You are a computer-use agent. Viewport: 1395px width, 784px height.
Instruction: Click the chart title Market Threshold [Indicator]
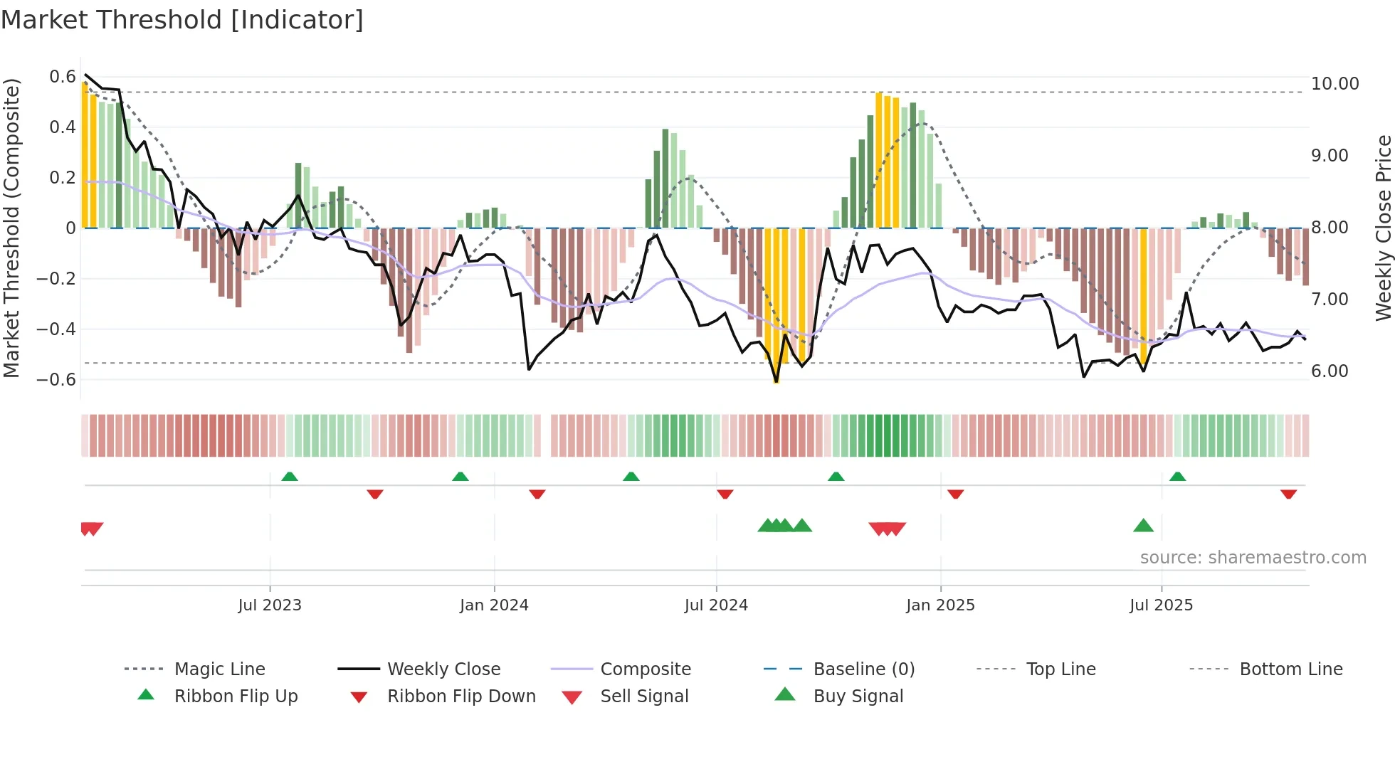(x=182, y=20)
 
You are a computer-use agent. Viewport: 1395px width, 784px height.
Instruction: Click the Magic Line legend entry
(x=219, y=669)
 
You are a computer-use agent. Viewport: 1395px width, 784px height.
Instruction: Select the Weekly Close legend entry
(x=443, y=669)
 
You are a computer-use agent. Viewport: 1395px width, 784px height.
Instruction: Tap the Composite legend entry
(x=645, y=669)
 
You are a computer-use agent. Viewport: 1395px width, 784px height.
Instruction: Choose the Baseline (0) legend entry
(x=863, y=669)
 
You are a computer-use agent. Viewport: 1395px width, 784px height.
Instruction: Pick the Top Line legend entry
(x=1060, y=669)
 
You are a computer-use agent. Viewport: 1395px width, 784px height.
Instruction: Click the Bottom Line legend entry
(x=1290, y=669)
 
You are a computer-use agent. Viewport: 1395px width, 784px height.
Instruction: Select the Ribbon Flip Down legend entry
(x=460, y=696)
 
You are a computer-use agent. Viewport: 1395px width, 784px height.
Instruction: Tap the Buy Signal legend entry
(x=858, y=696)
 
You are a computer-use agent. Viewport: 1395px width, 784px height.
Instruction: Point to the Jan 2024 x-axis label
(x=494, y=605)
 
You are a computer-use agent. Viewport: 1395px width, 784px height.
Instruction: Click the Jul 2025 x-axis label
(x=1161, y=605)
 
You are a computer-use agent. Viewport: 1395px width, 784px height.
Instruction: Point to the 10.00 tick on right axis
(x=1335, y=84)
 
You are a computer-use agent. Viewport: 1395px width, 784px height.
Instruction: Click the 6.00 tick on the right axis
(x=1330, y=371)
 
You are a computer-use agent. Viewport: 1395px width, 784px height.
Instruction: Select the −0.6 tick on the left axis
(x=56, y=380)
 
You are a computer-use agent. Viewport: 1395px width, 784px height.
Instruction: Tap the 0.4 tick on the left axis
(x=63, y=127)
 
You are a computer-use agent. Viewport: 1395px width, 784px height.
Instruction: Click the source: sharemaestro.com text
(x=1253, y=558)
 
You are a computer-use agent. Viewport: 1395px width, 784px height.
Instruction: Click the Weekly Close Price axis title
(x=1383, y=228)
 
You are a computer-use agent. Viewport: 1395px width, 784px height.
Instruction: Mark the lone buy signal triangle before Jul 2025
(x=1143, y=526)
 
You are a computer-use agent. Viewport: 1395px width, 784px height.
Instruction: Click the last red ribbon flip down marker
(x=1288, y=494)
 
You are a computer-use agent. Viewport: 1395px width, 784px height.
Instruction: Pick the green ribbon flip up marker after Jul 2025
(x=1177, y=477)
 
